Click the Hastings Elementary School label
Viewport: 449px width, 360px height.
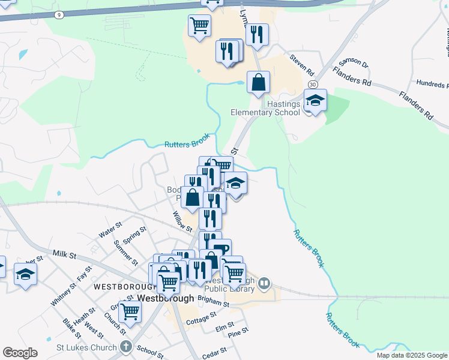click(x=265, y=108)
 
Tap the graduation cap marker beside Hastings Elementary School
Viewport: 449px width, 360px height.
click(x=315, y=100)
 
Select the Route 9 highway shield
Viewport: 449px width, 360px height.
click(x=58, y=13)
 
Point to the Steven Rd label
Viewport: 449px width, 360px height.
click(x=302, y=62)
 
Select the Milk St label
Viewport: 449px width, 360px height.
click(x=64, y=255)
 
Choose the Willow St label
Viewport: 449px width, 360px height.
click(x=181, y=221)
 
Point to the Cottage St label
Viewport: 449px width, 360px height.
click(x=201, y=322)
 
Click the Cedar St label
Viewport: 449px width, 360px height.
click(x=214, y=351)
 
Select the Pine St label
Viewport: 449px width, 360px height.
click(x=238, y=331)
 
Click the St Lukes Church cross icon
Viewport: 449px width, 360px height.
click(x=125, y=346)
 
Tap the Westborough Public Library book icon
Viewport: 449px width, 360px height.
click(x=265, y=283)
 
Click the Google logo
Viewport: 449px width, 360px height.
click(x=20, y=353)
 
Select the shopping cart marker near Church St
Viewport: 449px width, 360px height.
click(x=130, y=311)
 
